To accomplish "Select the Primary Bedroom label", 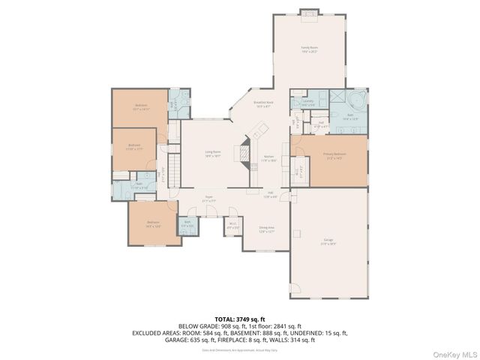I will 334,157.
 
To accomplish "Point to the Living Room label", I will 213,154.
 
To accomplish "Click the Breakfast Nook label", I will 263,104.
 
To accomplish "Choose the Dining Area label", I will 266,229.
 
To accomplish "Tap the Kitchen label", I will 268,158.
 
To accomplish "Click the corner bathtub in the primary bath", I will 355,99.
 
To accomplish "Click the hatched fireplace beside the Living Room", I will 244,152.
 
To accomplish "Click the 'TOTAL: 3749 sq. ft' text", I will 239,319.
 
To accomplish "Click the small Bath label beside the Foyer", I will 187,225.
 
